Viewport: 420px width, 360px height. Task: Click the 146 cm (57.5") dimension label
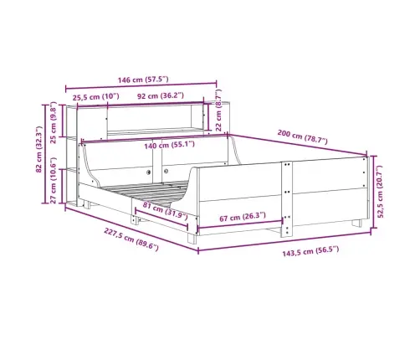(x=143, y=80)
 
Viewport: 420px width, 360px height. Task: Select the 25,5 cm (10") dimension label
(x=96, y=97)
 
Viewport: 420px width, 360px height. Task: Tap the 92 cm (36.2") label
(x=161, y=95)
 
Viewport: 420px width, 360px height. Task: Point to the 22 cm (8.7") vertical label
(x=218, y=111)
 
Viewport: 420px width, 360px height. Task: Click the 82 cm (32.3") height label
(x=38, y=149)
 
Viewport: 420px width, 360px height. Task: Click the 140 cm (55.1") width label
(x=169, y=145)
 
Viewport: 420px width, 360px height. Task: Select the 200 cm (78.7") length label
(x=303, y=136)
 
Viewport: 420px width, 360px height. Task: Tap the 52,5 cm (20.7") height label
(x=380, y=192)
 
